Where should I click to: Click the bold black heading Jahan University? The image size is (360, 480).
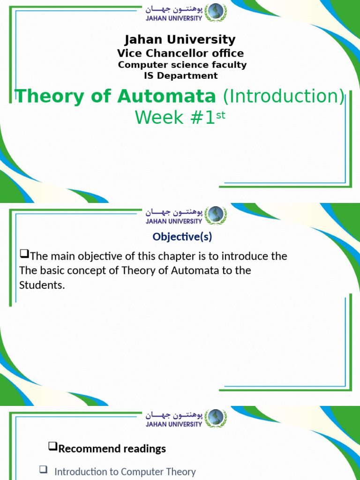(180, 40)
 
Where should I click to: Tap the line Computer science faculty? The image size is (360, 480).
(182, 65)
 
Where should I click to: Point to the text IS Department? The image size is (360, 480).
(180, 75)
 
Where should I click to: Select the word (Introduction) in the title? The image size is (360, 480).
(283, 96)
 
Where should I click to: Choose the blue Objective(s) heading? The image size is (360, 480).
(182, 237)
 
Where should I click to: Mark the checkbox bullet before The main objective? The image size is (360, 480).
(24, 255)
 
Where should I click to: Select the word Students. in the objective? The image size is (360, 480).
(42, 285)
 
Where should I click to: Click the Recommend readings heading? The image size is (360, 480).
(112, 449)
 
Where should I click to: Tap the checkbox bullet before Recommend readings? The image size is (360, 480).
(52, 447)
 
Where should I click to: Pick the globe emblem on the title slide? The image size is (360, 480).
(216, 12)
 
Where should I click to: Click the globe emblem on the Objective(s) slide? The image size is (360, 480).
(216, 215)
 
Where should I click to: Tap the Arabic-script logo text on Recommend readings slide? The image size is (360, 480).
(173, 415)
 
